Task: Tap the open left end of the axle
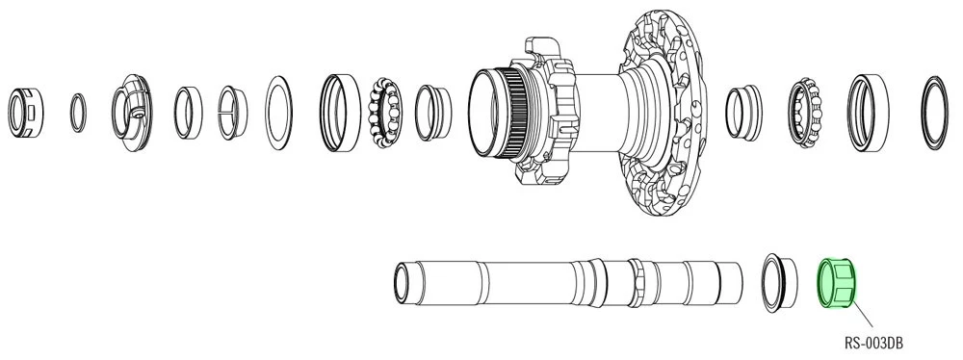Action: [x=403, y=281]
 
